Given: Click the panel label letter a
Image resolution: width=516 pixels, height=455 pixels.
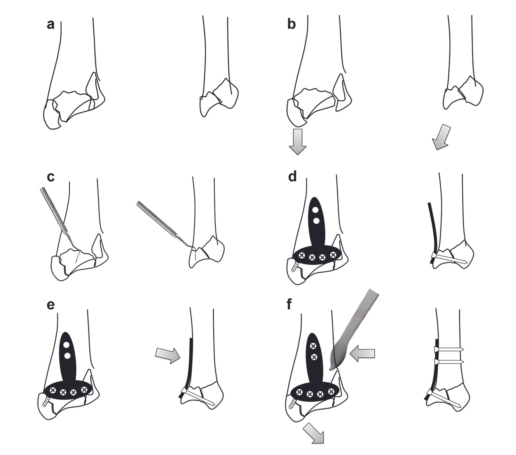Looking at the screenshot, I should pos(51,25).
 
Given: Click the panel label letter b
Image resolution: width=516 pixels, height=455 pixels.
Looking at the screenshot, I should pos(292,25).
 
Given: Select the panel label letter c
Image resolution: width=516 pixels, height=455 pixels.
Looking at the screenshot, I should pos(51,178).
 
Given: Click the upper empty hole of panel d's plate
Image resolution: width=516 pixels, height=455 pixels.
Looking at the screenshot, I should pos(315,210).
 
